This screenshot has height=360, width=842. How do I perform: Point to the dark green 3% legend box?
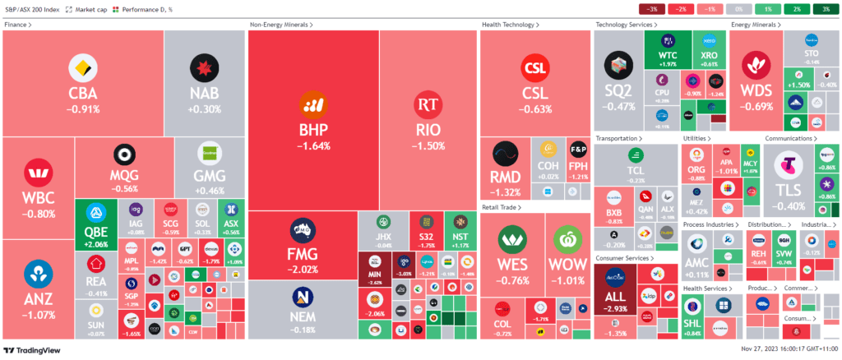click(825, 9)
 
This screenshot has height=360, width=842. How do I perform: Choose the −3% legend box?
click(652, 9)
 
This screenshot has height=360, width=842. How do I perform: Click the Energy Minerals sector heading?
click(756, 25)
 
